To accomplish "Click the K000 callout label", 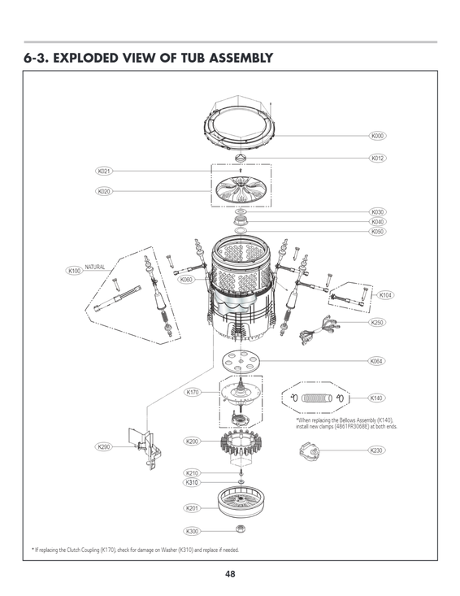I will pos(377,136).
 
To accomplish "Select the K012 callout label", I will pos(377,158).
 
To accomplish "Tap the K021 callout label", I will pos(103,172).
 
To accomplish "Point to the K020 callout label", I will pos(103,192).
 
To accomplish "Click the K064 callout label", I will pos(376,360).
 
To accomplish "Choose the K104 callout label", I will pos(386,295).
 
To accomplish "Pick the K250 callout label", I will pos(376,323).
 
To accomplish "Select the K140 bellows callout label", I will pos(376,398).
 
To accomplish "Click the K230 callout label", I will pos(376,450).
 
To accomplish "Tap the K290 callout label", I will pos(103,446).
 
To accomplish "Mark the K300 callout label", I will pos(192,532).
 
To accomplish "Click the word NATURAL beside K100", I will pos(96,267).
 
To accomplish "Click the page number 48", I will pos(230,574).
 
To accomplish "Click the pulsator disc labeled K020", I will pos(241,192).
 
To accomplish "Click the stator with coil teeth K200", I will pos(241,446).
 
